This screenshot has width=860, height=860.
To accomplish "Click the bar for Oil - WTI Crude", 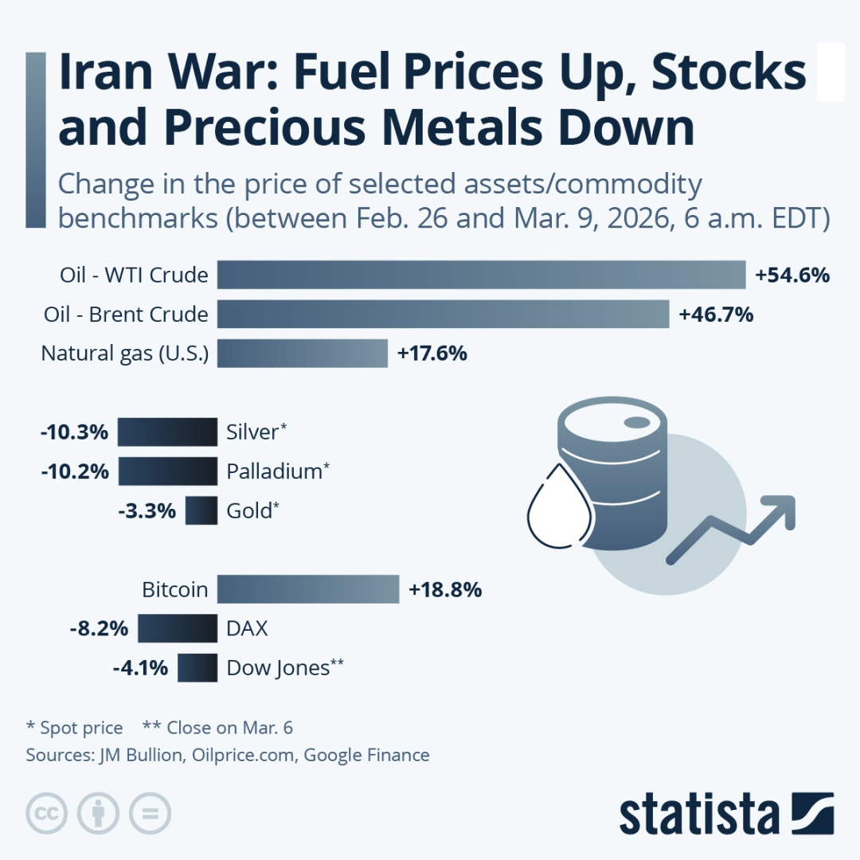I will [481, 276].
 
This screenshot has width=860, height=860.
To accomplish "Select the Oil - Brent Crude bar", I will [443, 315].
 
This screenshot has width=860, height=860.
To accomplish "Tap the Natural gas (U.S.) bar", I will [302, 353].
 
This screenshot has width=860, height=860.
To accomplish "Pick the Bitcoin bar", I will [307, 589].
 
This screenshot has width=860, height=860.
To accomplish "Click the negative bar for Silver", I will [167, 432].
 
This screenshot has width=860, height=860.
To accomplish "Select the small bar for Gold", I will [201, 510].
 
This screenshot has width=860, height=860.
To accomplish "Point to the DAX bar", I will [177, 628].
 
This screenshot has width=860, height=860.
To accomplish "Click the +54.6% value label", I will [792, 276].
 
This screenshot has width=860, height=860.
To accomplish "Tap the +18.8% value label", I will [445, 590].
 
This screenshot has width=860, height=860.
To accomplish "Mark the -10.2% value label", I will [74, 471].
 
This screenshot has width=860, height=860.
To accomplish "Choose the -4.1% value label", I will [140, 667].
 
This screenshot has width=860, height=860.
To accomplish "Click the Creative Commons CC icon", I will [46, 813].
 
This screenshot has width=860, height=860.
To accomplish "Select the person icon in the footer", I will [98, 813].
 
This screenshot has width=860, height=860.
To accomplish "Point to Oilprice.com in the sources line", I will [245, 755].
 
